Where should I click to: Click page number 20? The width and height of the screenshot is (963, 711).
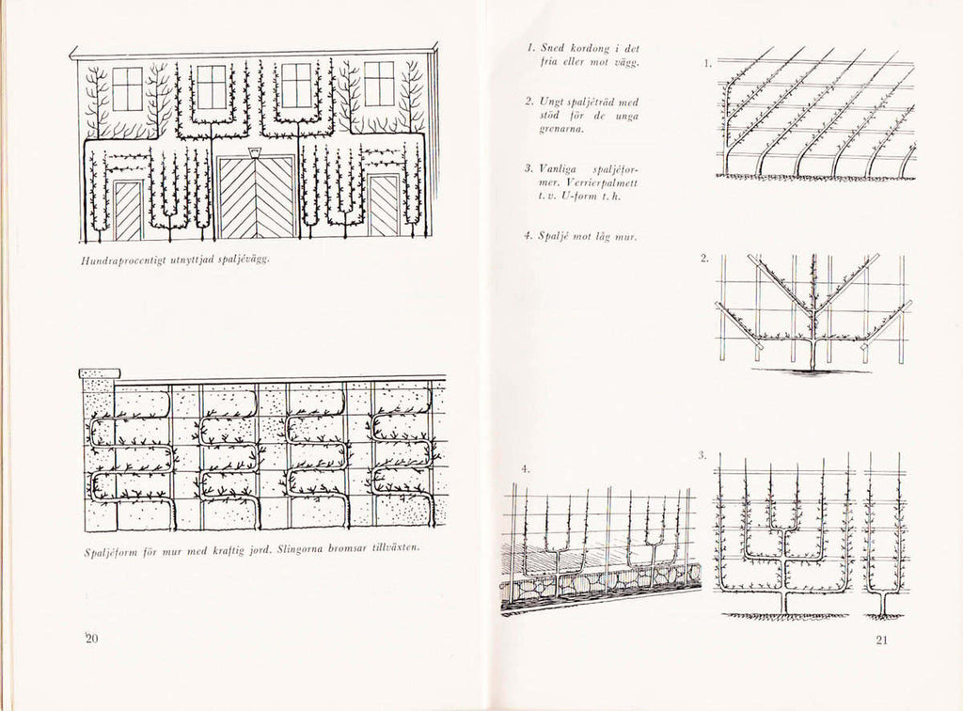(x=91, y=639)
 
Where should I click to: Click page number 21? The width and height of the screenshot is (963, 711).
(x=881, y=640)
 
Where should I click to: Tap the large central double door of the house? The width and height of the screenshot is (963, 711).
(x=256, y=197)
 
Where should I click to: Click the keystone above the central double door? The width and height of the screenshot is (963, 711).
(x=256, y=152)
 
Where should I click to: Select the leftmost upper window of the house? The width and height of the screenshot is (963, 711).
(x=128, y=89)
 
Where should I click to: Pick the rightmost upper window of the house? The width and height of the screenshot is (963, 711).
(x=379, y=84)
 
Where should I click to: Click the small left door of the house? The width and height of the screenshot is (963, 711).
(x=128, y=211)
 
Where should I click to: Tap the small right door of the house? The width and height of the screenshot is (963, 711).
(x=384, y=206)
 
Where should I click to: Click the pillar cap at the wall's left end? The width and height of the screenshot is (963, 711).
(x=100, y=373)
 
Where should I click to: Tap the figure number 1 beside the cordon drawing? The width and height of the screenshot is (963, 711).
(x=707, y=63)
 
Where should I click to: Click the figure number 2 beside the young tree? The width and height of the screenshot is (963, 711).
(x=704, y=259)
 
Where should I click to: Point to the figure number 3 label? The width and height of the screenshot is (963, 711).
(x=703, y=455)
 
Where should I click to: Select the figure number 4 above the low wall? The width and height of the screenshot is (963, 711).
(x=526, y=469)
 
